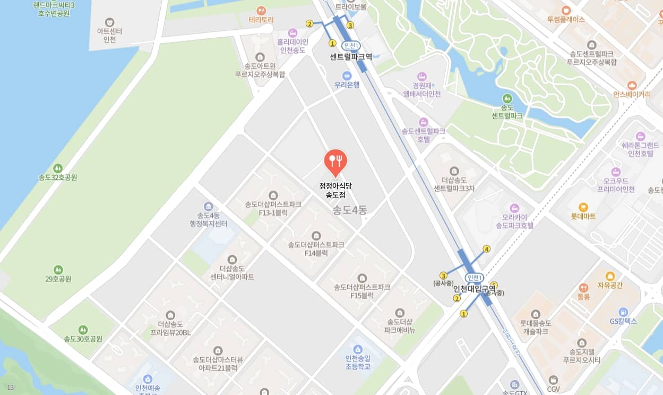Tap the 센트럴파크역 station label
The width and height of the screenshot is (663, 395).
(351, 56)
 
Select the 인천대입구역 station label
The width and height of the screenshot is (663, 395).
(474, 288)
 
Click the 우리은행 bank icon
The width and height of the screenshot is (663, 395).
(347, 75)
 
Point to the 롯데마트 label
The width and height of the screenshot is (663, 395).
(583, 216)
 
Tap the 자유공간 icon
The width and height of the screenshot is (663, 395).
(609, 276)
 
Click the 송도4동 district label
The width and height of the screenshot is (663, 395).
(350, 210)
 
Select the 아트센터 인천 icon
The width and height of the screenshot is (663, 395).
(110, 22)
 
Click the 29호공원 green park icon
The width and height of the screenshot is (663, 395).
(58, 270)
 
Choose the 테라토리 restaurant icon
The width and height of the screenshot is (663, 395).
(261, 10)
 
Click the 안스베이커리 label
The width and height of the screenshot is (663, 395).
(631, 94)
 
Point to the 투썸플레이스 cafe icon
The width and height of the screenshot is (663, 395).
(566, 10)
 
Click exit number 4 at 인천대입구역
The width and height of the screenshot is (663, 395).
(486, 249)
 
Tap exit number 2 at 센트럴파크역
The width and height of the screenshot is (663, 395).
(309, 23)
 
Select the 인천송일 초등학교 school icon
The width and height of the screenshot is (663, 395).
(358, 349)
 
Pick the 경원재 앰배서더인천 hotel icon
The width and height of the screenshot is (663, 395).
(422, 76)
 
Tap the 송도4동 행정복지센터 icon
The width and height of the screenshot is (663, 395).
(208, 206)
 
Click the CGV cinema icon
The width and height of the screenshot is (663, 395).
(554, 380)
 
